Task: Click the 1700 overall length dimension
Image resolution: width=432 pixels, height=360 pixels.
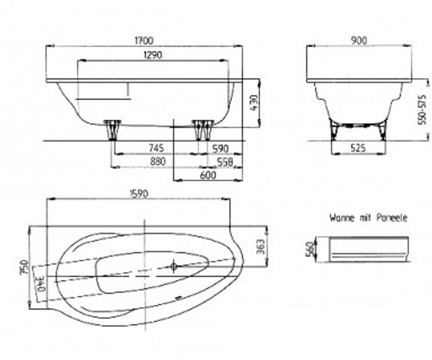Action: (144, 41)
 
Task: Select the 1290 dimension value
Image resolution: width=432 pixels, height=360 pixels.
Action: (153, 55)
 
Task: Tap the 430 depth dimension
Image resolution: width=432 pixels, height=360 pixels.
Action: (254, 103)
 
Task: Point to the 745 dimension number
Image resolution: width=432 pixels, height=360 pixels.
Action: (156, 148)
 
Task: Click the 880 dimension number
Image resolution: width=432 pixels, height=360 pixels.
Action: (158, 161)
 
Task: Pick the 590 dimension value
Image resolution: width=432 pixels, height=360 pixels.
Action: (221, 149)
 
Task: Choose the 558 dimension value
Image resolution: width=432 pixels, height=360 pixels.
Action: (225, 162)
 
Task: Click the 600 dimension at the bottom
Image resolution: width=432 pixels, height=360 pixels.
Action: (208, 175)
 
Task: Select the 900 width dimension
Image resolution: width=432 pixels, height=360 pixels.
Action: (359, 41)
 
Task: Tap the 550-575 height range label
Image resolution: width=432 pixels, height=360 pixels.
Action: (422, 110)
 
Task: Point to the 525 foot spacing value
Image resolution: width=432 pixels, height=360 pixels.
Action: (358, 148)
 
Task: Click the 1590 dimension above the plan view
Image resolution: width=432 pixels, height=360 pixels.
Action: (139, 194)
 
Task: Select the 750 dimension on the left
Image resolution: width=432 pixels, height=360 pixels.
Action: (24, 267)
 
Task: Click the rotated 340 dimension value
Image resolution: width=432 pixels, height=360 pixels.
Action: (41, 284)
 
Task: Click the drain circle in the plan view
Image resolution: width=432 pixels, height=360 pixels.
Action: (174, 266)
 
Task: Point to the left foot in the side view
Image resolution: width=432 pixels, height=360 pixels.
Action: (112, 130)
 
